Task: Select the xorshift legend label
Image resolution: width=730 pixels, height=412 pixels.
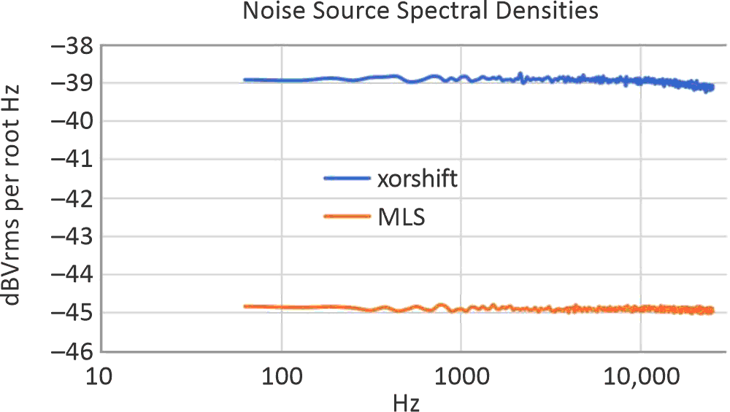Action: pos(418,179)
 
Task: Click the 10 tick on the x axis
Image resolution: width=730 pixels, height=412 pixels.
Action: pos(102,377)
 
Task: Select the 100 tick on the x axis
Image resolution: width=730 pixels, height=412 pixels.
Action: pos(281,377)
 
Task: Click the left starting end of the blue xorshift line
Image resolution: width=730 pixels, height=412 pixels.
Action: pos(245,79)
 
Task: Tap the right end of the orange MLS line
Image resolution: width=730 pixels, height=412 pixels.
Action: pos(712,311)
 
